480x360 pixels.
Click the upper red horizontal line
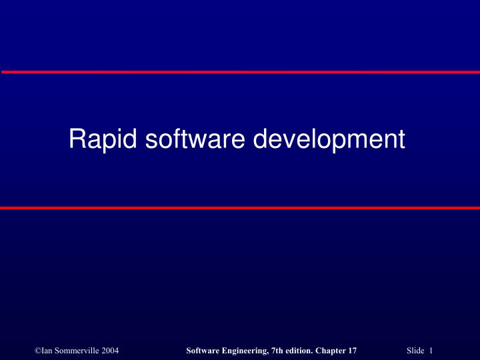240,71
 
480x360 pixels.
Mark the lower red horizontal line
240,208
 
